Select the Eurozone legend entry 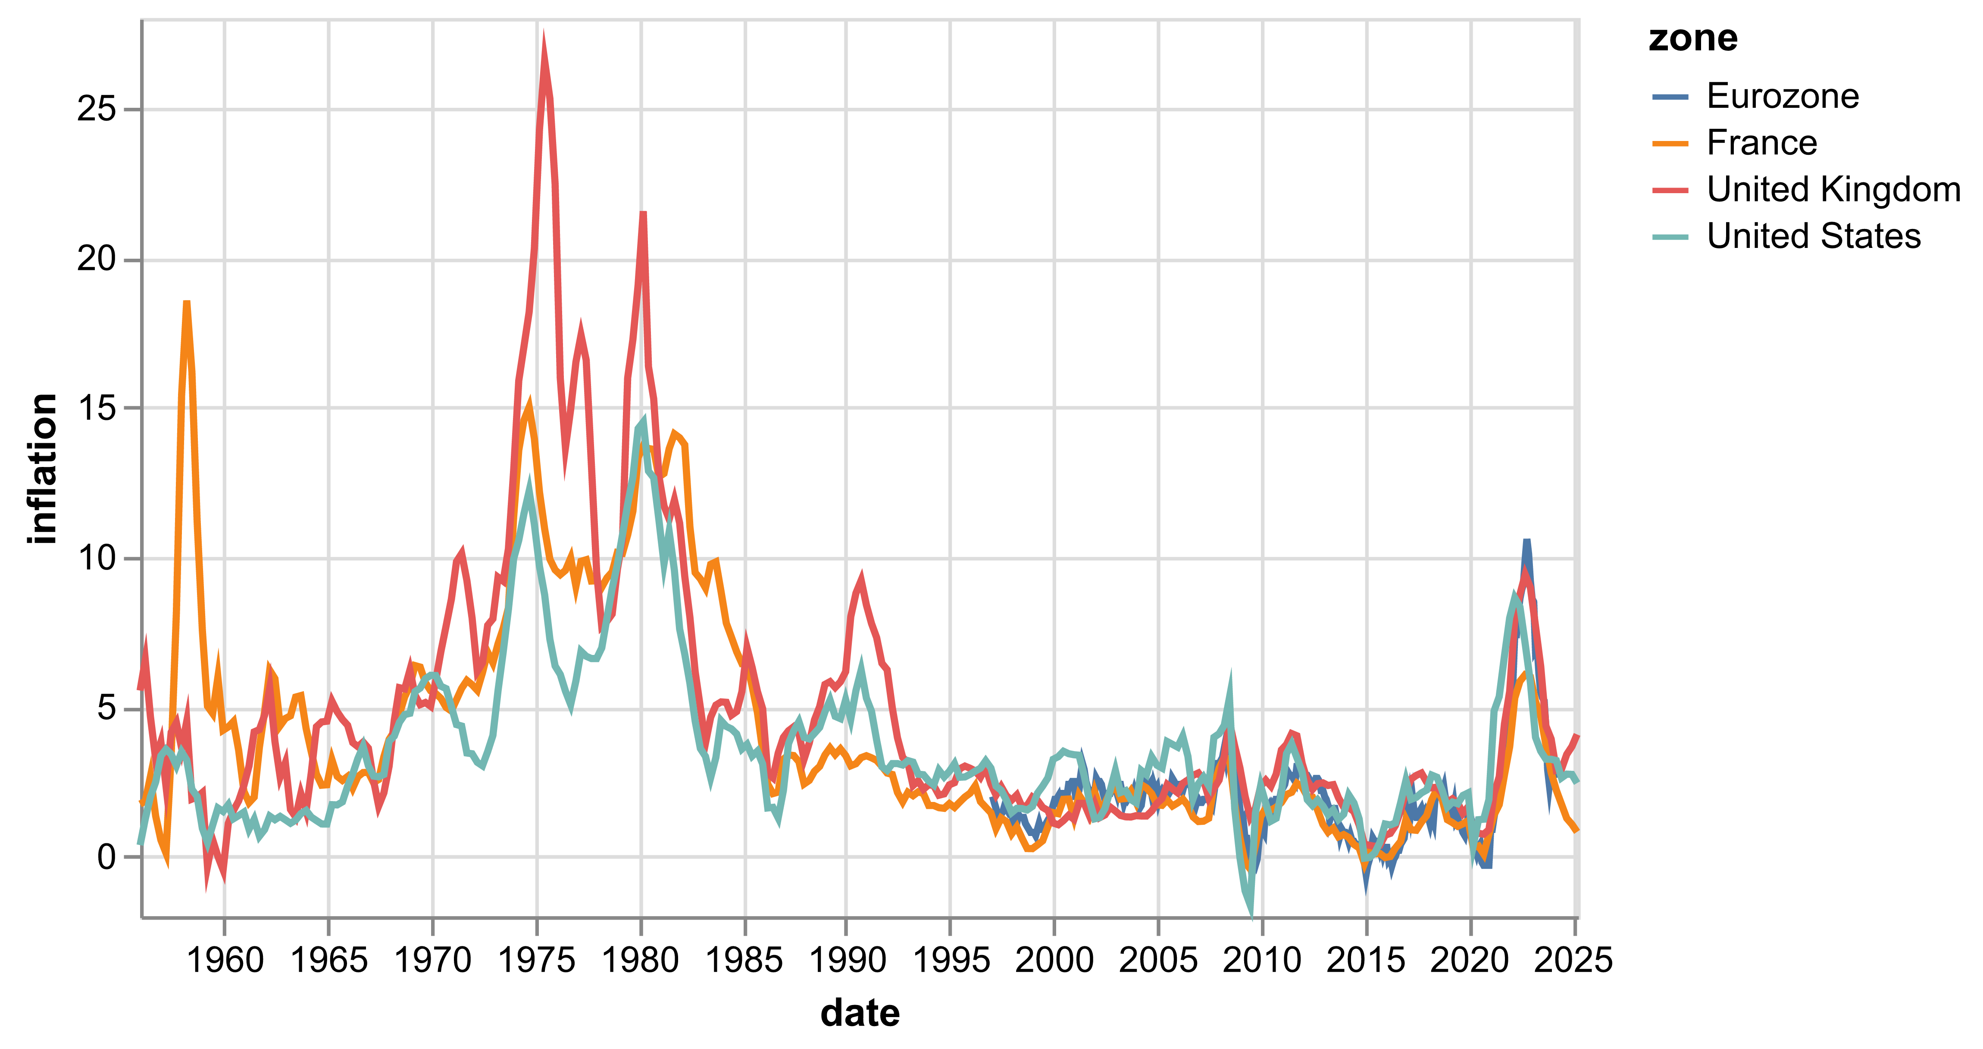click(x=1782, y=96)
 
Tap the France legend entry click(x=1761, y=143)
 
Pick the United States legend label click(x=1813, y=236)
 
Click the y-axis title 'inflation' click(x=42, y=468)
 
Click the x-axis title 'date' click(x=860, y=1013)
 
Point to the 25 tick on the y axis click(x=96, y=110)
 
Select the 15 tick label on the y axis click(x=96, y=408)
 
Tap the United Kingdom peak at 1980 click(x=643, y=213)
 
